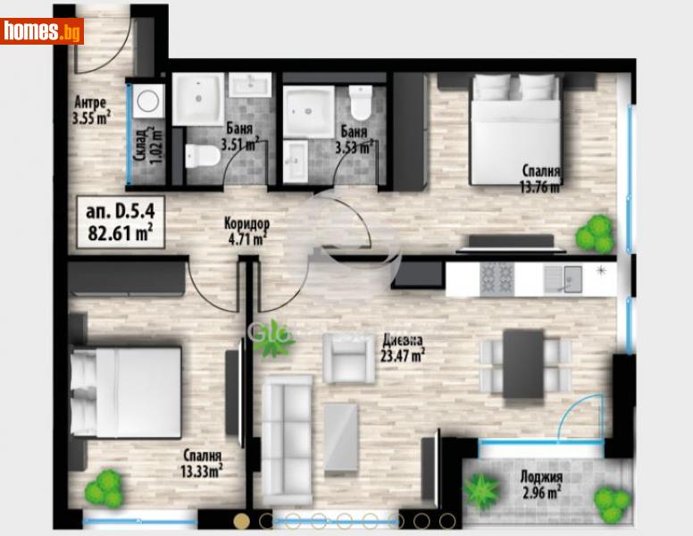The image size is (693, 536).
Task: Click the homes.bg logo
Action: point(42,30)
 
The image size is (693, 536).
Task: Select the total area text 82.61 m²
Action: point(119,234)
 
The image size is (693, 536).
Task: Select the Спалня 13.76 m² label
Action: point(542,178)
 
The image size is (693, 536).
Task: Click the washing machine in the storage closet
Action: point(148,103)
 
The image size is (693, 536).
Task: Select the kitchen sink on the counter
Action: point(560,279)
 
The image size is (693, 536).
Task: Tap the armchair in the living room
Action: point(348,358)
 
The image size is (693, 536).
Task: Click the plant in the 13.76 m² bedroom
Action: point(595,235)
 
